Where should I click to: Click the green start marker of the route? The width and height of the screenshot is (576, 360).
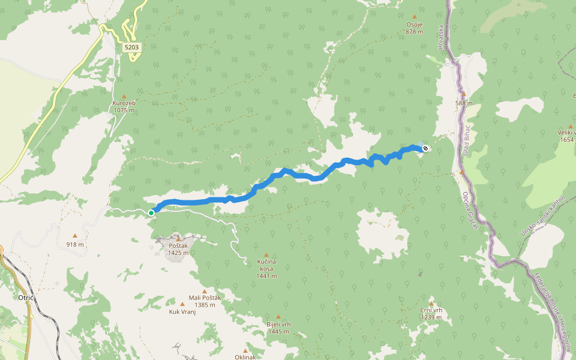(151, 212)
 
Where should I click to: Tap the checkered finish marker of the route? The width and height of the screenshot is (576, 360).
(425, 148)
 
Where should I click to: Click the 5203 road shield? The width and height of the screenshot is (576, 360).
(132, 47)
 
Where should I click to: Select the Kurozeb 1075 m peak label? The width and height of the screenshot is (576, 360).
(124, 106)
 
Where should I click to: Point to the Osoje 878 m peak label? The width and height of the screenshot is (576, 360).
(415, 28)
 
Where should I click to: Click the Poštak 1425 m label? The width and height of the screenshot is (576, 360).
(178, 249)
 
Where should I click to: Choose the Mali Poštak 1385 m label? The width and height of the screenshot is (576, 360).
(205, 301)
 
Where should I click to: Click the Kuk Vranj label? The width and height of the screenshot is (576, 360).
(182, 312)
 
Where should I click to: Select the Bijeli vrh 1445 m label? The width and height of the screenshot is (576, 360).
(278, 327)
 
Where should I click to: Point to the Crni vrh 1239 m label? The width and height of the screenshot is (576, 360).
(431, 313)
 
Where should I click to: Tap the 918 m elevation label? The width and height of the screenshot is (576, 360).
(75, 244)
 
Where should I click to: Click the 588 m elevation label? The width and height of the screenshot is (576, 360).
(464, 103)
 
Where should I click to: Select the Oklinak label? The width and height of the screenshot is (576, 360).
(245, 357)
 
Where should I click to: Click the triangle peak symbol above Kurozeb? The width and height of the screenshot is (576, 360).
(124, 96)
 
